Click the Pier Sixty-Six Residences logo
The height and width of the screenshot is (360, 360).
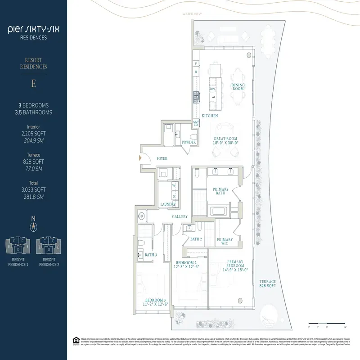(x=33, y=33)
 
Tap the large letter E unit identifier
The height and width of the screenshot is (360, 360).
(x=33, y=84)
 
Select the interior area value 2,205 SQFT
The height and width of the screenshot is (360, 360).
(x=33, y=134)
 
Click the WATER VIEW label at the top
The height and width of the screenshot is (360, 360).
(x=190, y=14)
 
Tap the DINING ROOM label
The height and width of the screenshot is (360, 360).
(x=238, y=87)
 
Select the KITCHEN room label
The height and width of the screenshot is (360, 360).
(x=210, y=116)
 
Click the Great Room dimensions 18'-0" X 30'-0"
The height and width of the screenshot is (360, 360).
(x=225, y=143)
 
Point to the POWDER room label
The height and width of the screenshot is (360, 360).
(x=189, y=142)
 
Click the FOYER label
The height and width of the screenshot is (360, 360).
(x=162, y=158)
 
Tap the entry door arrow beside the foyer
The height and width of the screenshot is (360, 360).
(x=140, y=158)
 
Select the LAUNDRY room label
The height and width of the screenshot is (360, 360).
(x=167, y=204)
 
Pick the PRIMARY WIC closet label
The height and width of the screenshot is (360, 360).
(x=225, y=241)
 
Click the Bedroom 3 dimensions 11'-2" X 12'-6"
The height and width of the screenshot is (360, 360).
(x=155, y=303)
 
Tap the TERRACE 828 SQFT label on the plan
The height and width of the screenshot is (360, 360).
(x=267, y=283)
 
